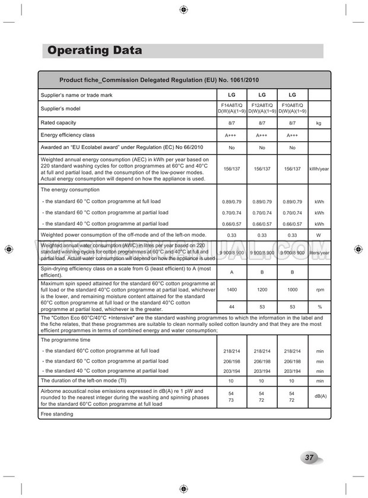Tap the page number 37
(309, 457)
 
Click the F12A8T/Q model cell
(262, 108)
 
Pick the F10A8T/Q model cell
(293, 108)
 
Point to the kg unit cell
(319, 123)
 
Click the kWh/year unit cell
(319, 169)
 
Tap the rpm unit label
(319, 290)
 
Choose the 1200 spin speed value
(262, 290)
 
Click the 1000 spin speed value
(293, 290)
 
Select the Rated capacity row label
(58, 123)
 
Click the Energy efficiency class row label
(68, 135)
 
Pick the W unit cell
(319, 235)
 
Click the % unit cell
(319, 307)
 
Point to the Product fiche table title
(158, 80)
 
